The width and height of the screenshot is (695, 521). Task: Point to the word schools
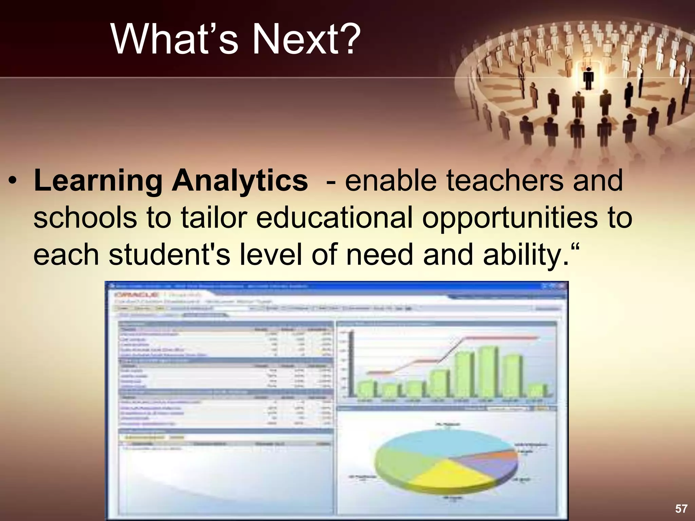[85, 218]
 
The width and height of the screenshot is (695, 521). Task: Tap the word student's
[170, 255]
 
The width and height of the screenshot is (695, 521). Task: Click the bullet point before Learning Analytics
[13, 180]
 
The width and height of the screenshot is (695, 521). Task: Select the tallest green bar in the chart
[488, 371]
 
